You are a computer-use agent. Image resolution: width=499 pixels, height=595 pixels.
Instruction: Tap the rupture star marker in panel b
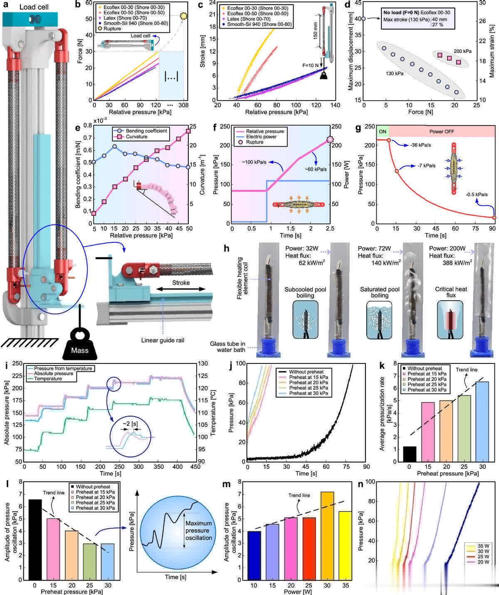[x=183, y=16]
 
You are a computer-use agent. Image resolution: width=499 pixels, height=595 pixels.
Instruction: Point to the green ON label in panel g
[x=382, y=131]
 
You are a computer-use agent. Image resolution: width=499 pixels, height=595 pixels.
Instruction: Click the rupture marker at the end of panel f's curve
[x=330, y=139]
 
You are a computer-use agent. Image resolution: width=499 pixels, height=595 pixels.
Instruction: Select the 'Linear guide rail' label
[x=163, y=341]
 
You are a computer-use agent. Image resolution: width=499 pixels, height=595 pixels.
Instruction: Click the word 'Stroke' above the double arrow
[x=181, y=283]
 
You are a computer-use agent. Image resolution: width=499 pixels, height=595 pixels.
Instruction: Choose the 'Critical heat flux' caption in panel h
[x=451, y=292]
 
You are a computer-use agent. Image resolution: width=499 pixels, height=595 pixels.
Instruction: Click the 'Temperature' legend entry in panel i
[x=48, y=379]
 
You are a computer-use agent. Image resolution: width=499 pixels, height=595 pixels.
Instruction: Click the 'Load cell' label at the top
[x=34, y=7]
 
